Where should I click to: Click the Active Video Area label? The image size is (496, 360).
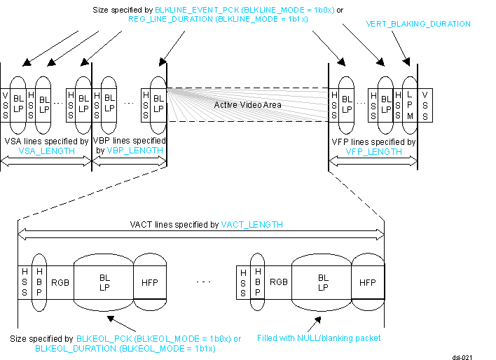click(x=248, y=104)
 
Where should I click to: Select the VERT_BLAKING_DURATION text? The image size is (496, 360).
click(x=418, y=24)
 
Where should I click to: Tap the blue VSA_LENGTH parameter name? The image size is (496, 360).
click(x=46, y=151)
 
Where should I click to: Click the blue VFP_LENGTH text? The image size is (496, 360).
click(x=373, y=151)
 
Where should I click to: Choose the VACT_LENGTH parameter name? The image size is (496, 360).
click(x=252, y=225)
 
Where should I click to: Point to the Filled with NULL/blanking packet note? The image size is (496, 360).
click(x=319, y=338)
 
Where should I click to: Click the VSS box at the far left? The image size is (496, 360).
click(x=6, y=99)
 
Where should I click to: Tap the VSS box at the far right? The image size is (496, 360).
click(x=425, y=99)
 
